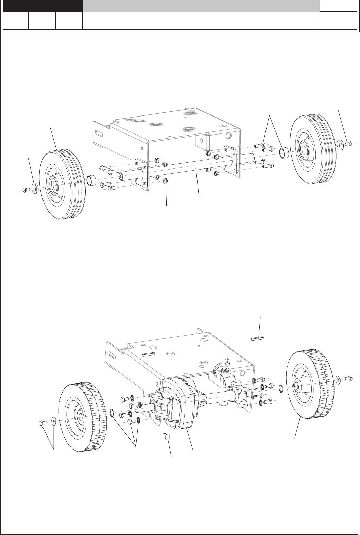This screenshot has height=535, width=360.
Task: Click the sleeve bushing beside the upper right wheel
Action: [284, 154]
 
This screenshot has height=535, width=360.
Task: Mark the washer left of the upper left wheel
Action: [35, 187]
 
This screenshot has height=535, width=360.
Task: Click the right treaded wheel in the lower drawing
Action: [308, 384]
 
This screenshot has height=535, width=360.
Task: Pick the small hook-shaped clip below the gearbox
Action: [167, 436]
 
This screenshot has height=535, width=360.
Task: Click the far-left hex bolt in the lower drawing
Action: [41, 423]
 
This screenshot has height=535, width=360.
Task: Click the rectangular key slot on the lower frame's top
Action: [149, 354]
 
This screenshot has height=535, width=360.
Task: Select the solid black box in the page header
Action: [43, 6]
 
